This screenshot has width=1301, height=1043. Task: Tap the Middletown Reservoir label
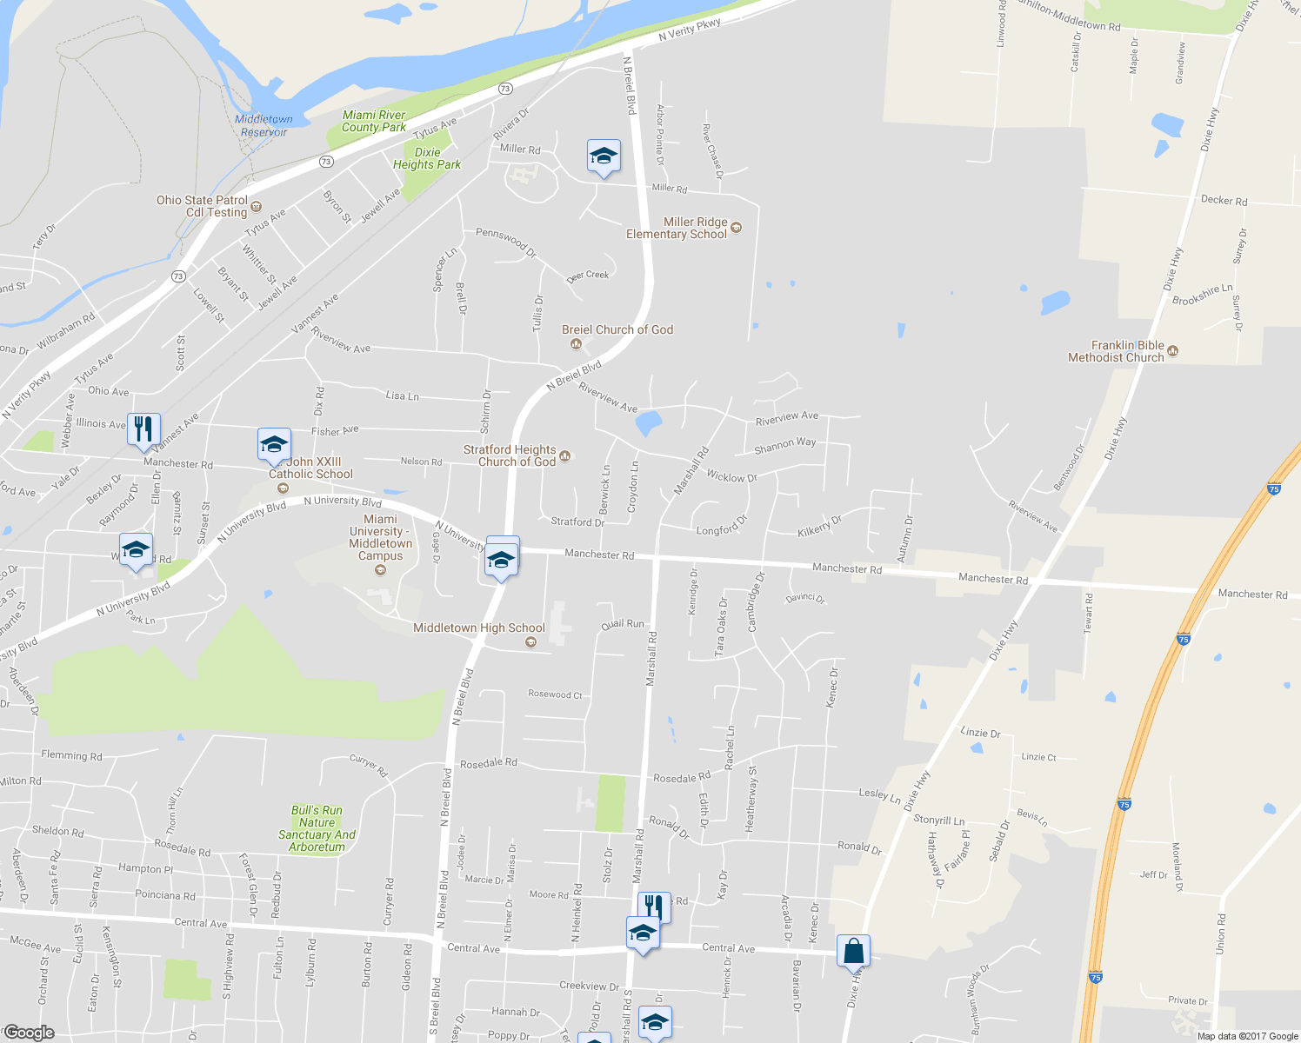click(x=264, y=126)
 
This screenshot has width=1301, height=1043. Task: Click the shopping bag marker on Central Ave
click(x=854, y=951)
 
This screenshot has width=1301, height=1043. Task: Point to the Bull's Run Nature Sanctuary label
click(x=317, y=828)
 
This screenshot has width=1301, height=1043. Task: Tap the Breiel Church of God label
click(x=617, y=329)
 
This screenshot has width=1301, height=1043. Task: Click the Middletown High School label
click(x=479, y=628)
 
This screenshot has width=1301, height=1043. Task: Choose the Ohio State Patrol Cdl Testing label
click(x=202, y=206)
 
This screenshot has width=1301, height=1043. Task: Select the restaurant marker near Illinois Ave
click(x=143, y=429)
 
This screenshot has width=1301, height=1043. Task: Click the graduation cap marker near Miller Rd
click(x=604, y=156)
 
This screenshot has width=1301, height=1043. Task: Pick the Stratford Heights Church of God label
click(x=510, y=455)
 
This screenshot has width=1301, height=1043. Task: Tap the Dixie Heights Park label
click(x=427, y=158)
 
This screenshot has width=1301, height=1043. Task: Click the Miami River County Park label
click(x=374, y=121)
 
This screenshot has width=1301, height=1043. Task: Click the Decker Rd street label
click(x=1224, y=200)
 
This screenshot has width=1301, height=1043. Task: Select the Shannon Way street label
click(x=785, y=444)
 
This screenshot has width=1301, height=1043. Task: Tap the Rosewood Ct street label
click(x=555, y=694)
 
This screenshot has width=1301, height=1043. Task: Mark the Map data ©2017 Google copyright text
click(x=1247, y=1036)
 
